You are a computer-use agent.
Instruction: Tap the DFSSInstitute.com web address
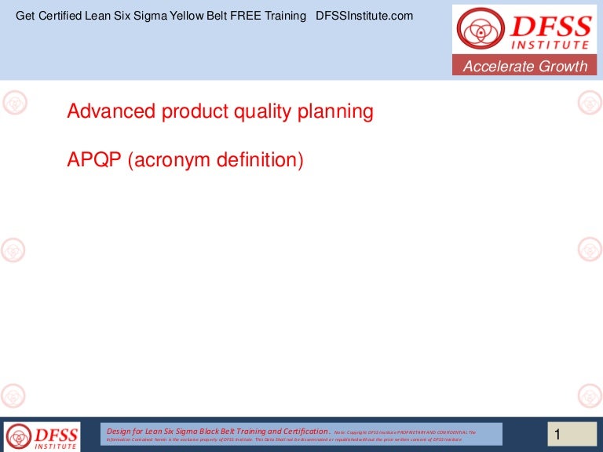[x=364, y=16]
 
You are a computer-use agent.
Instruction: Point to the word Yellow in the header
[x=181, y=16]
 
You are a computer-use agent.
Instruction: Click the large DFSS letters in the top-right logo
[x=550, y=27]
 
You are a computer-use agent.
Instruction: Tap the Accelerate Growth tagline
[x=524, y=67]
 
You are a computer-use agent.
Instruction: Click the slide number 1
[x=557, y=434]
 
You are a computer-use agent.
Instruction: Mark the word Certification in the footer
[x=300, y=431]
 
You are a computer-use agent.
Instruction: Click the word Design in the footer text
[x=119, y=431]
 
